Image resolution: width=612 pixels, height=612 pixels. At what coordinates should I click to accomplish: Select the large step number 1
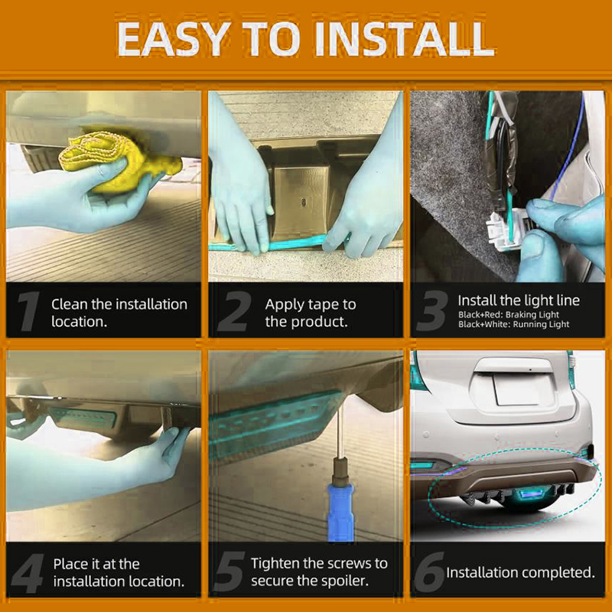(28, 311)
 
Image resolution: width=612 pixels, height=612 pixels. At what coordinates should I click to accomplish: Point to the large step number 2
(235, 311)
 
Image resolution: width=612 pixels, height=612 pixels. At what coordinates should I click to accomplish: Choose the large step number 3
(432, 311)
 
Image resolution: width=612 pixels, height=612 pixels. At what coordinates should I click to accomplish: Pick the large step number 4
(28, 572)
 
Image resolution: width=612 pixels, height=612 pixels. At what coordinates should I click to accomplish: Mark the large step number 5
(229, 571)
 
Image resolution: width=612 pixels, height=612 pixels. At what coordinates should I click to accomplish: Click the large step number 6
(429, 571)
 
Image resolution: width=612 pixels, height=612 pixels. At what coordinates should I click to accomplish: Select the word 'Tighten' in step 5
(275, 564)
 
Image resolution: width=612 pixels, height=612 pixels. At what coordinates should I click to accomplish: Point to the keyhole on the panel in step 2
(303, 202)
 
